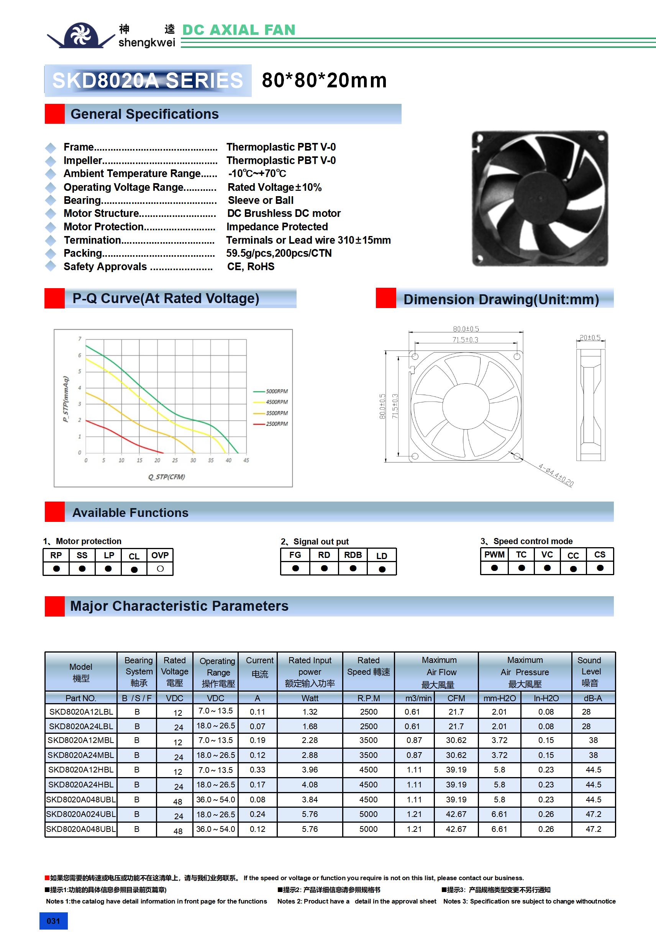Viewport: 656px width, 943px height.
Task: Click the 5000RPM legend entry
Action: [x=276, y=391]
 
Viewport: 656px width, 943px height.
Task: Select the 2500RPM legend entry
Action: [x=276, y=423]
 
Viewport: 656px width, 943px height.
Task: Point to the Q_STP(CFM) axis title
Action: [x=166, y=477]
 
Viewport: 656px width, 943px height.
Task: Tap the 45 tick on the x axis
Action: [x=246, y=461]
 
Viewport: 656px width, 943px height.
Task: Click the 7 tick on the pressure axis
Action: [x=80, y=339]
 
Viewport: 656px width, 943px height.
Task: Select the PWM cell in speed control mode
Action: [x=494, y=554]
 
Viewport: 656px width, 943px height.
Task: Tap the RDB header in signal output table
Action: [x=353, y=555]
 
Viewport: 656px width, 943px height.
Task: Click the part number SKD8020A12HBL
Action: [x=81, y=770]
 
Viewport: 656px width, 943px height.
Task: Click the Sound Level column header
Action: [x=590, y=671]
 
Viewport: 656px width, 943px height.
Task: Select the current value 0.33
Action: [x=257, y=770]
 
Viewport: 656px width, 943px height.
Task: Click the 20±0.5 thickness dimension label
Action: [x=590, y=338]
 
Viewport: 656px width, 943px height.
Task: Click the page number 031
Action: [x=53, y=921]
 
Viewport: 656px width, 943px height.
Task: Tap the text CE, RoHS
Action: [x=251, y=267]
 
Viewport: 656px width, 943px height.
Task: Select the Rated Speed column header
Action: [x=369, y=666]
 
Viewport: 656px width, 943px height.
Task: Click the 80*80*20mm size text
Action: [x=324, y=80]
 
